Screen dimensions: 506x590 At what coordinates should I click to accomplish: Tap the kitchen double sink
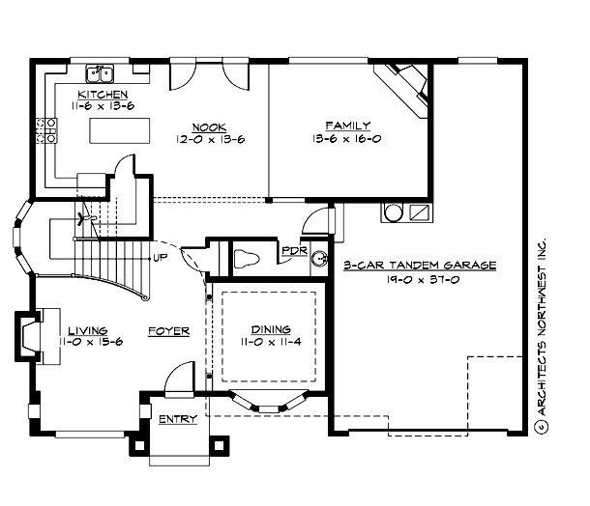click(x=99, y=73)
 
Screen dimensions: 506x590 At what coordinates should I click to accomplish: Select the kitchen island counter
click(x=118, y=130)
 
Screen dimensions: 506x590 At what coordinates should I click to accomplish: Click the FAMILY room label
click(x=345, y=125)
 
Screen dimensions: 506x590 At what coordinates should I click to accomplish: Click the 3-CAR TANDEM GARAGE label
click(x=420, y=264)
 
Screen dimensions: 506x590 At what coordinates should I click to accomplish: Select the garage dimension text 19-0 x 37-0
click(x=420, y=278)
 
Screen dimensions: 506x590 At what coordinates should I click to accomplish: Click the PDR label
click(x=292, y=251)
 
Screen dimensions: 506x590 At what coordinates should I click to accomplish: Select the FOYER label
click(x=167, y=331)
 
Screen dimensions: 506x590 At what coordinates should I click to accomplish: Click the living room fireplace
click(x=27, y=338)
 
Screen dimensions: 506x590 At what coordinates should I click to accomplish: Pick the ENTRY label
click(x=177, y=419)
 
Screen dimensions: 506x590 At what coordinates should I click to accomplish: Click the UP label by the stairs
click(x=159, y=258)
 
